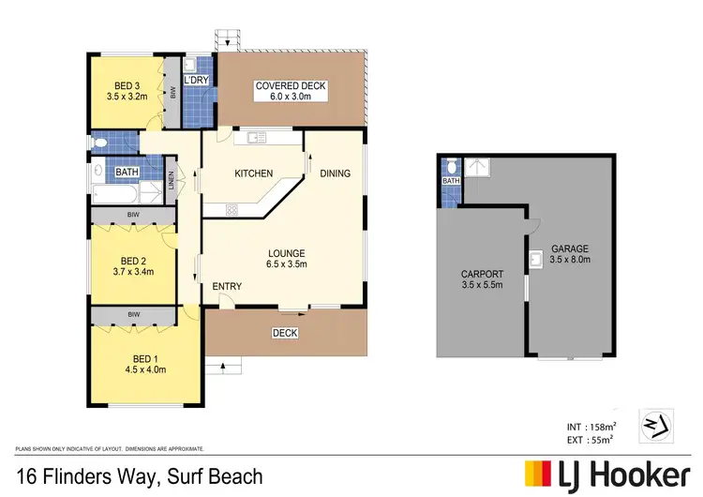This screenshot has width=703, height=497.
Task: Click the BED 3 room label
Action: click(125, 83)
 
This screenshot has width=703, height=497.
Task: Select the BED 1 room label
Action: click(143, 357)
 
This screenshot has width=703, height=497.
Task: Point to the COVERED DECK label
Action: click(291, 86)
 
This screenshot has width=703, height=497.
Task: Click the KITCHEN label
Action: click(253, 173)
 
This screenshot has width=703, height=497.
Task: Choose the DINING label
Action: click(336, 173)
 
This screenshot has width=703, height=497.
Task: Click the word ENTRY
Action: click(227, 286)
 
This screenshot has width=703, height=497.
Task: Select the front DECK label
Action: click(285, 333)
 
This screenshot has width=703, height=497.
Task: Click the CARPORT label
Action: click(483, 276)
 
